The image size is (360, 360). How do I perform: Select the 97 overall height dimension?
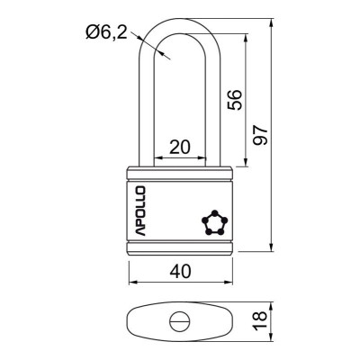tap(261, 135)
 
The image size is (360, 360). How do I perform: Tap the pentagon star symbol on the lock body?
tap(212, 221)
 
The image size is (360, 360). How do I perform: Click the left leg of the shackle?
tap(146, 99)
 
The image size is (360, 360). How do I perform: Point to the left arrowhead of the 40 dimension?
tap(127, 283)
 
